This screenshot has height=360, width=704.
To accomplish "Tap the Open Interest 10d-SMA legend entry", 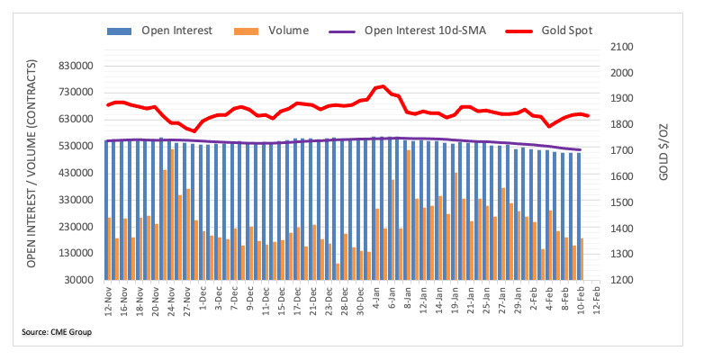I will (x=424, y=31).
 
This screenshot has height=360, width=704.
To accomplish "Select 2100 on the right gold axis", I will (x=622, y=47).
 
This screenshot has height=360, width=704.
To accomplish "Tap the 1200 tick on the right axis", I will (x=622, y=280).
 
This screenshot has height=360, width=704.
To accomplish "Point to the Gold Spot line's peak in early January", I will (x=383, y=86).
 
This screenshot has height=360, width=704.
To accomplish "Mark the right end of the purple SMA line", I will (x=580, y=149).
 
